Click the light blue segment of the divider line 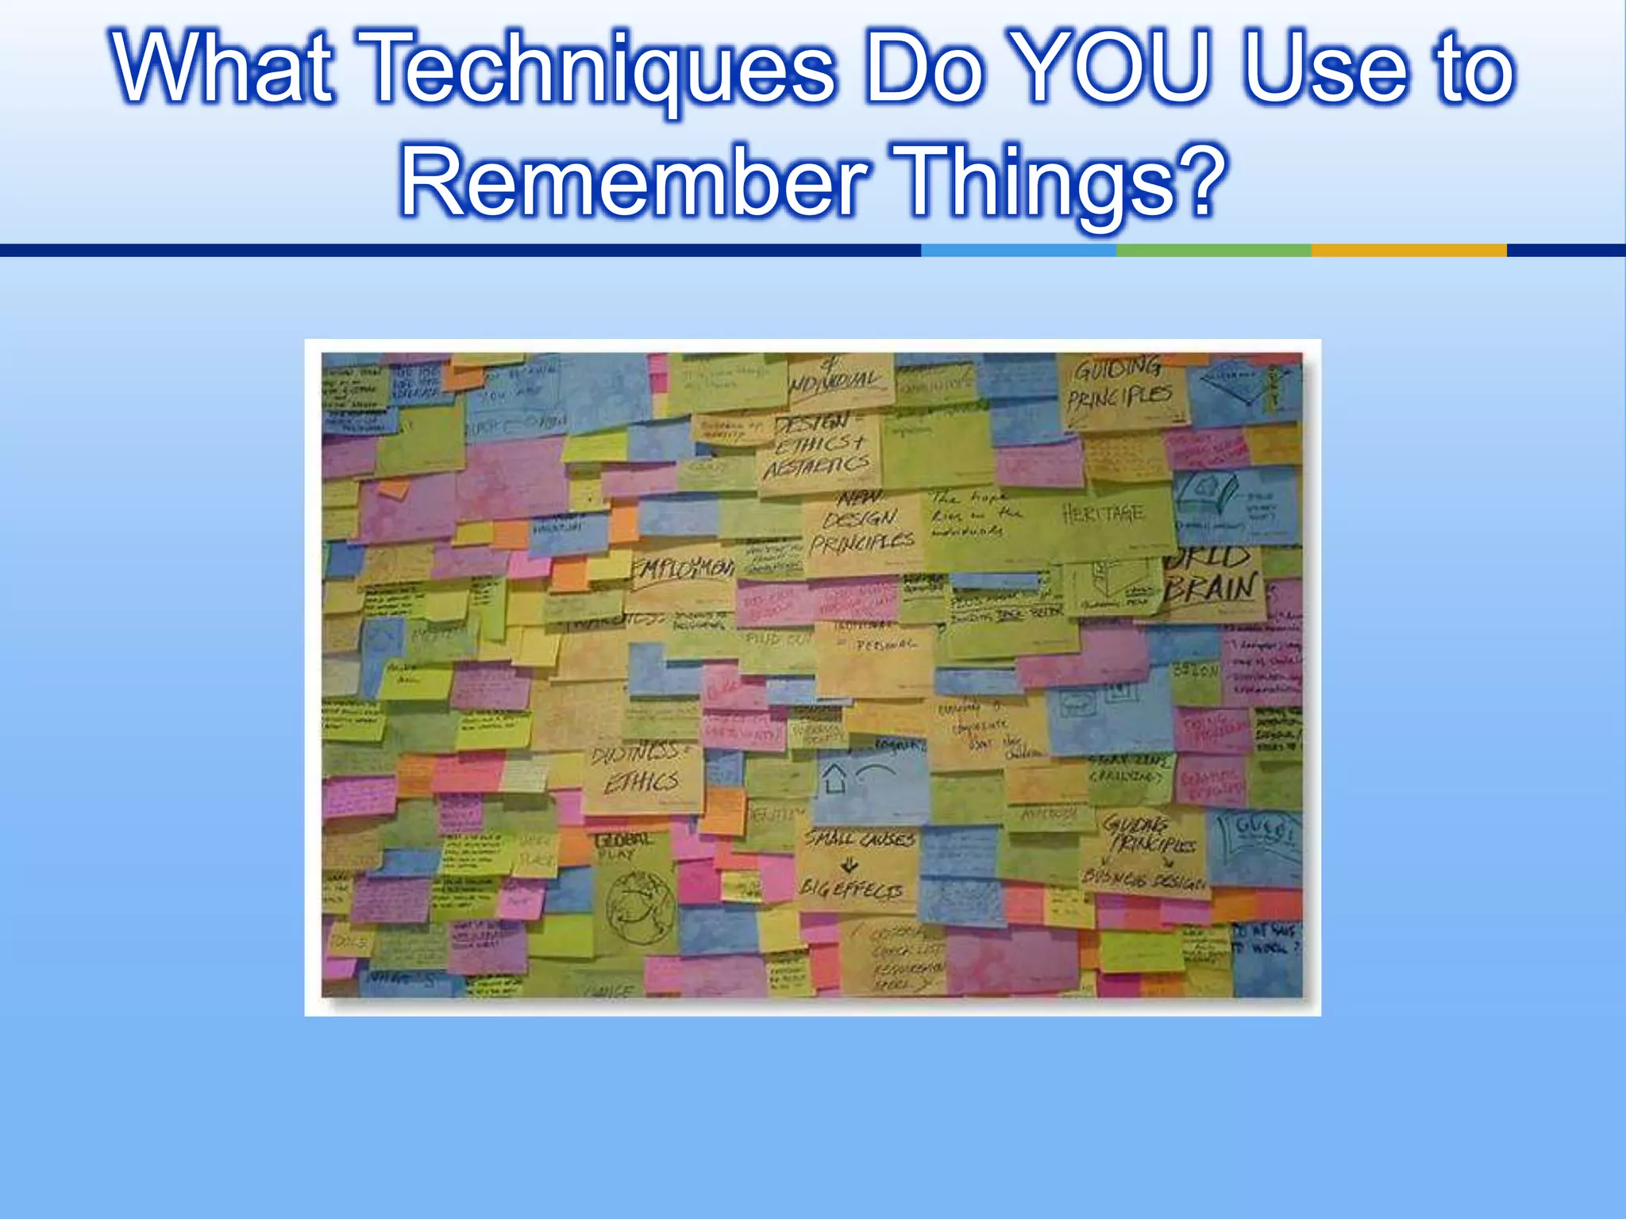click(x=1018, y=251)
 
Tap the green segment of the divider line click(x=1213, y=251)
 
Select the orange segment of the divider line click(x=1408, y=251)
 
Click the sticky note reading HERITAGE click(x=1104, y=514)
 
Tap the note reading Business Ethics click(x=640, y=767)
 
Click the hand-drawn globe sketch click(x=640, y=906)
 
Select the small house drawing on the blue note click(x=834, y=779)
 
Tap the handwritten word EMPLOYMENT click(x=683, y=568)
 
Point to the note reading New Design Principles click(x=861, y=522)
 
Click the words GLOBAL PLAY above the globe click(x=622, y=844)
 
